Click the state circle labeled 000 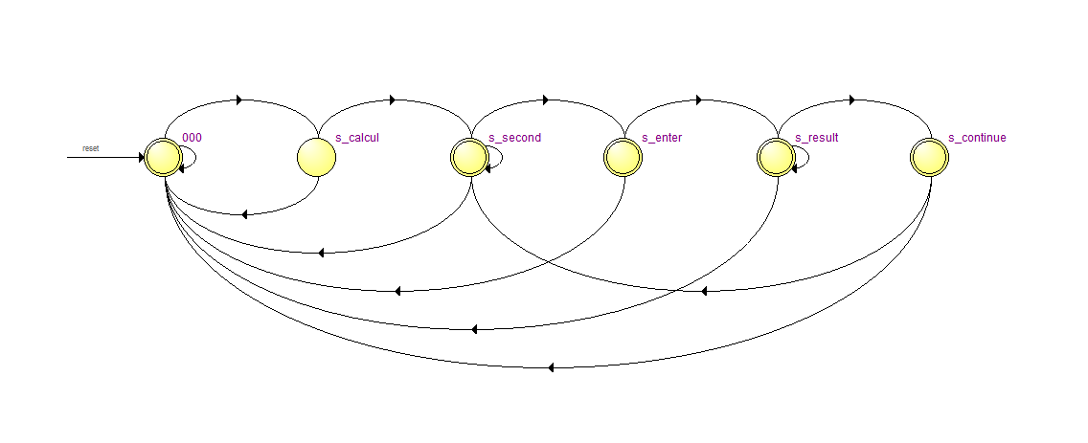point(163,157)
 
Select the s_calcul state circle point(316,157)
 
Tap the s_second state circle point(469,157)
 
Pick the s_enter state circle point(623,157)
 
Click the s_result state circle point(777,157)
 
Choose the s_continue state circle point(930,157)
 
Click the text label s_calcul point(357,137)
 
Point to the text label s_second point(515,137)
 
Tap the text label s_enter point(662,137)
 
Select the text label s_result point(817,137)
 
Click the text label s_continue point(977,137)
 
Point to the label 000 point(192,137)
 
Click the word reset point(91,148)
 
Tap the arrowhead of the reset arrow point(142,157)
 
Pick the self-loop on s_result point(802,157)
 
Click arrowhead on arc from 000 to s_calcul point(240,100)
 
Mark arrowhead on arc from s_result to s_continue point(852,100)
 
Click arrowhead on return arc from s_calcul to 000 point(243,215)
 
